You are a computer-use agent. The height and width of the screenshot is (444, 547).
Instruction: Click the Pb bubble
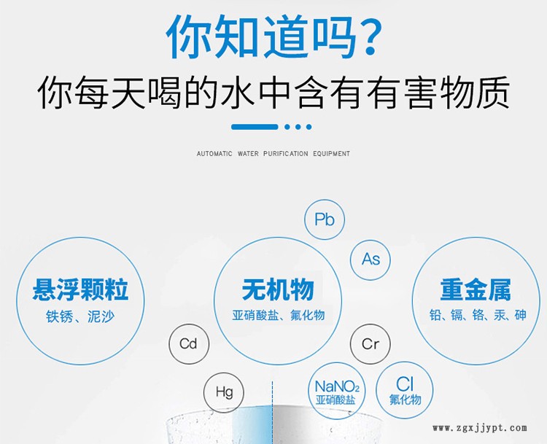point(325,219)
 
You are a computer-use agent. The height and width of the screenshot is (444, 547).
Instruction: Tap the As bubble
point(370,260)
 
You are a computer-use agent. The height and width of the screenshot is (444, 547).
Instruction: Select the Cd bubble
point(189,344)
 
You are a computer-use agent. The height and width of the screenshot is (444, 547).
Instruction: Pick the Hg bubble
point(224,392)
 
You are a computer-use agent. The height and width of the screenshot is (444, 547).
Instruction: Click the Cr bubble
point(370,344)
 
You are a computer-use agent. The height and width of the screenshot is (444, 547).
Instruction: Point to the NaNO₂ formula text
point(337,386)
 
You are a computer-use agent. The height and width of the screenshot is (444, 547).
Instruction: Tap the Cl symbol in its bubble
point(405,384)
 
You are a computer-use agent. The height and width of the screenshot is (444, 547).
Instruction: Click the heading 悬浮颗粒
point(80,289)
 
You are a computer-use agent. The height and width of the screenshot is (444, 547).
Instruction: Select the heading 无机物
point(278,289)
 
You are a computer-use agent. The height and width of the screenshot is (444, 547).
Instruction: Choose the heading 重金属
point(476,289)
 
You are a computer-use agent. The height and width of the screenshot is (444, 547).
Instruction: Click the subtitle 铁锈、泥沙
point(80,316)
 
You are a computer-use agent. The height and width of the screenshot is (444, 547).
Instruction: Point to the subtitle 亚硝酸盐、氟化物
point(279,315)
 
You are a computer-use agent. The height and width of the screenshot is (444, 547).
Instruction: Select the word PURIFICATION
point(286,153)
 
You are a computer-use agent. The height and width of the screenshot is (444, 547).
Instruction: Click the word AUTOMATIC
point(214,153)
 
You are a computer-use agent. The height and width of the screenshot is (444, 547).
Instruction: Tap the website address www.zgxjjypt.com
point(480,428)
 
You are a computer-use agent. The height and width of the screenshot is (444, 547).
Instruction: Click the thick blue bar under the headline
point(255,127)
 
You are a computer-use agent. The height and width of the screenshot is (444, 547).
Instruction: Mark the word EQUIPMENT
point(331,153)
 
